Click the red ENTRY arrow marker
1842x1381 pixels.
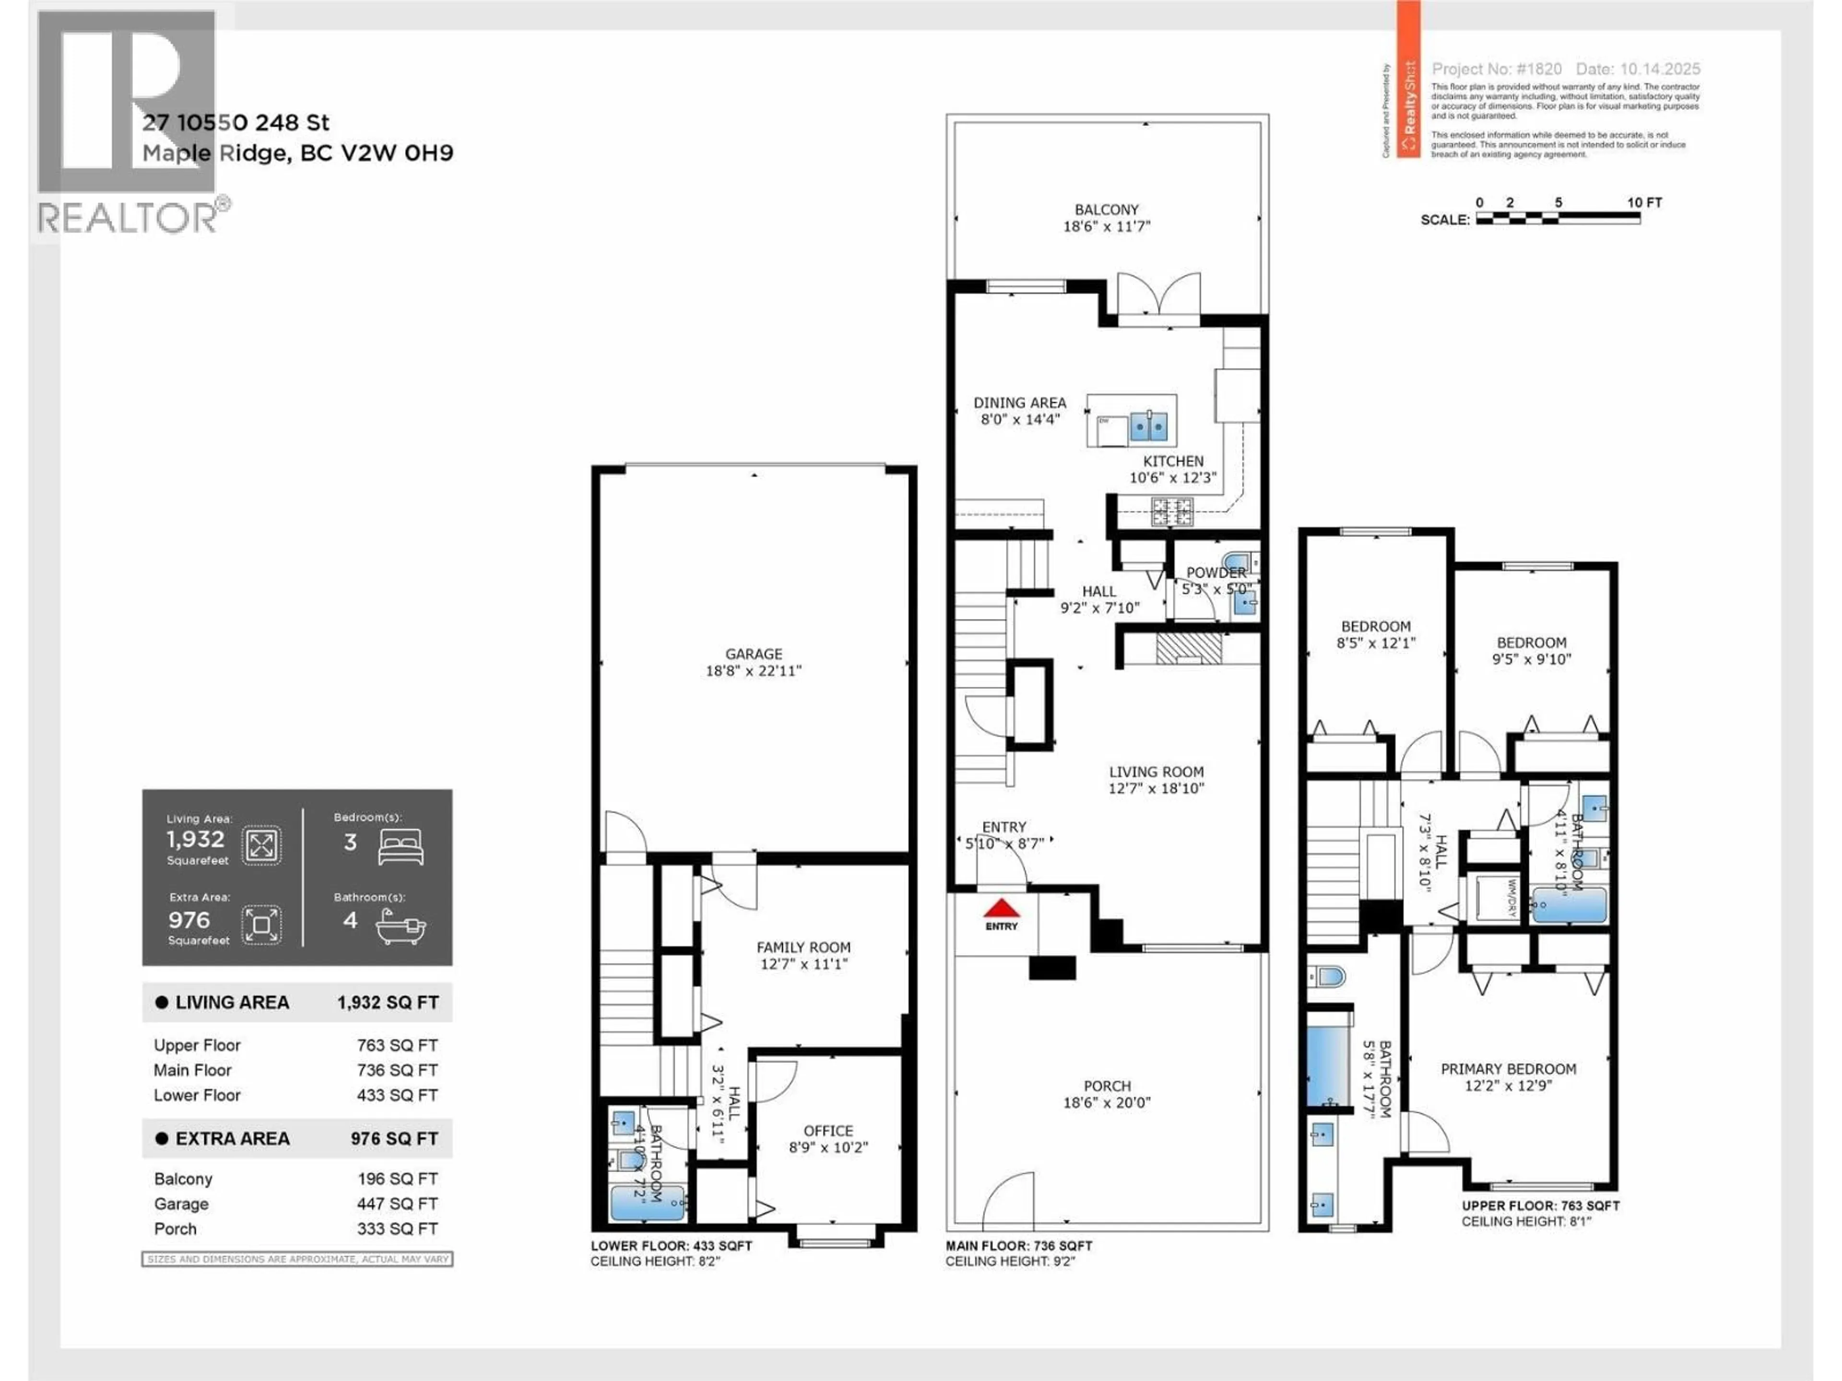point(1002,907)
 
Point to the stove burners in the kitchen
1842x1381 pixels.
point(1172,511)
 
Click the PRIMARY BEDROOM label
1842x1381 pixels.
point(1508,1069)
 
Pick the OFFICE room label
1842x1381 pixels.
point(828,1130)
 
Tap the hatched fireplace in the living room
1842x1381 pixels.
point(1189,648)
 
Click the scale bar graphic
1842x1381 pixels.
point(1557,219)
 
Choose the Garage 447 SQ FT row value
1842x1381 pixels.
point(397,1204)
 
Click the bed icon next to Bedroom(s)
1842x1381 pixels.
point(401,846)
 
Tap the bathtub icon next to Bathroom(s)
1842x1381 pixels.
point(401,925)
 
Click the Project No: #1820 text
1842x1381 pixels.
point(1497,69)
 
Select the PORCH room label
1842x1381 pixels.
point(1107,1086)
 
